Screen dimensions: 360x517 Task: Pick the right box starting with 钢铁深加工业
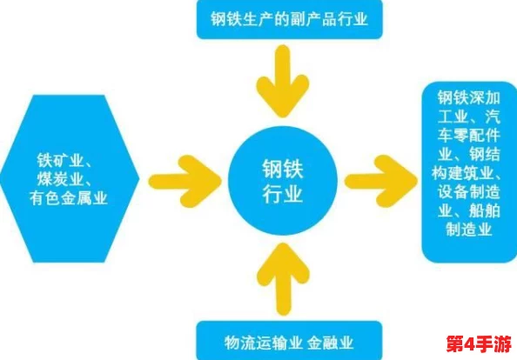pyautogui.click(x=468, y=171)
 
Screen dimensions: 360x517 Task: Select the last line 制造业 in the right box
pyautogui.click(x=468, y=229)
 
